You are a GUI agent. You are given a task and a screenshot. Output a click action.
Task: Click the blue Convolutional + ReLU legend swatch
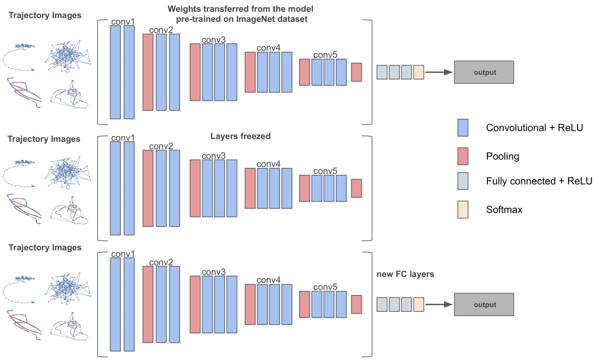click(463, 128)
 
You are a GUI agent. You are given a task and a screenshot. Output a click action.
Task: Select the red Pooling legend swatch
click(463, 156)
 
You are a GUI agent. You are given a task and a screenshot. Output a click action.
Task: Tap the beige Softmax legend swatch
click(463, 210)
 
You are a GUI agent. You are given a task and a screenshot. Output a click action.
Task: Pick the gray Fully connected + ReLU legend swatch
click(463, 181)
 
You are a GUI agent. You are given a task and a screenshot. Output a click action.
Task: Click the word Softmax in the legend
click(504, 210)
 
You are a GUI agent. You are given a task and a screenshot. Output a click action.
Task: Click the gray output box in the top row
click(484, 72)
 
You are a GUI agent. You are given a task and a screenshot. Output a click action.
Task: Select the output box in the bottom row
click(484, 305)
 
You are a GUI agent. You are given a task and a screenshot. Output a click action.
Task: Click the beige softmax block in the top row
click(418, 72)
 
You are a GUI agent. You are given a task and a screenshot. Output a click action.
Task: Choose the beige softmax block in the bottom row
click(418, 305)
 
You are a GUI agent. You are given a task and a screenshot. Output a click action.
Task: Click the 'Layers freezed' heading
click(240, 136)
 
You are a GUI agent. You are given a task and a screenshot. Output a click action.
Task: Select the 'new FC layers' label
click(405, 274)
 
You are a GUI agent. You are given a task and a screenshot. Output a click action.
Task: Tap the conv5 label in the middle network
click(325, 171)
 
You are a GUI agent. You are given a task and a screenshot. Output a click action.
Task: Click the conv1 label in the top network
click(123, 22)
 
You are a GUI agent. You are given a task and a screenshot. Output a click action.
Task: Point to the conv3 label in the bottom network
click(214, 272)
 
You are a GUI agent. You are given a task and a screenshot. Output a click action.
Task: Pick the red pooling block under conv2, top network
click(148, 72)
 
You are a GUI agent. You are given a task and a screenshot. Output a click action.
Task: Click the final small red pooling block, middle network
click(356, 188)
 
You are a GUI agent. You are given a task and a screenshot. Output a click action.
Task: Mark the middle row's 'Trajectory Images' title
click(44, 139)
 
